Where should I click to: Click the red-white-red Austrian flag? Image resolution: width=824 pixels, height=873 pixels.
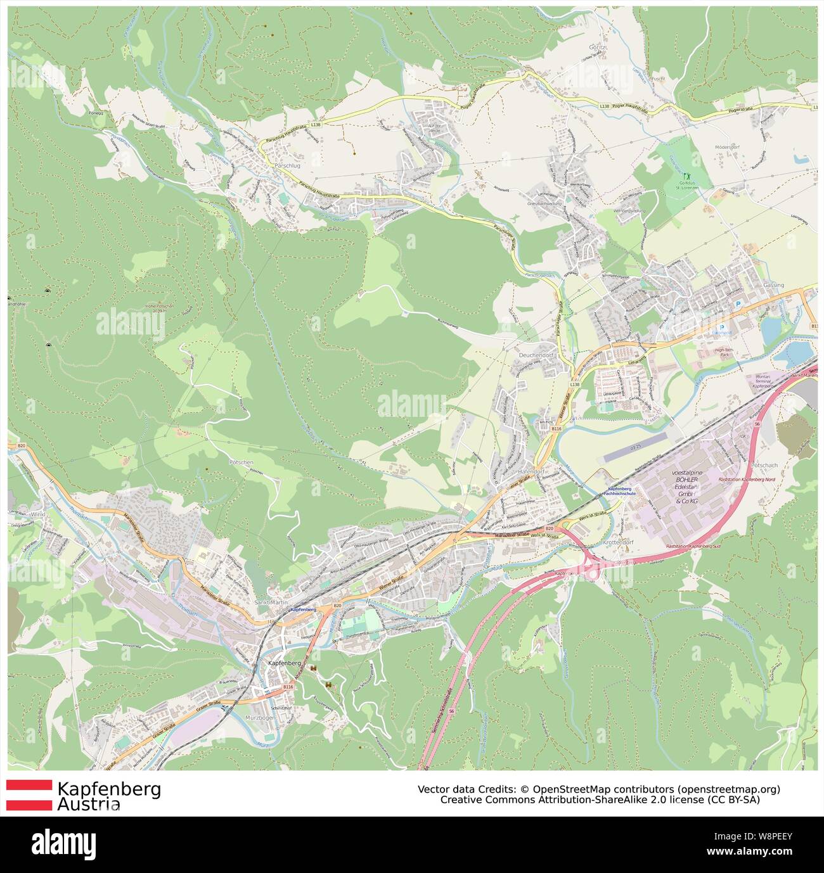pos(29,795)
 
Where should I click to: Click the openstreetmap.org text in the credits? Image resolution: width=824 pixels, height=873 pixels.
pos(728,789)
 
